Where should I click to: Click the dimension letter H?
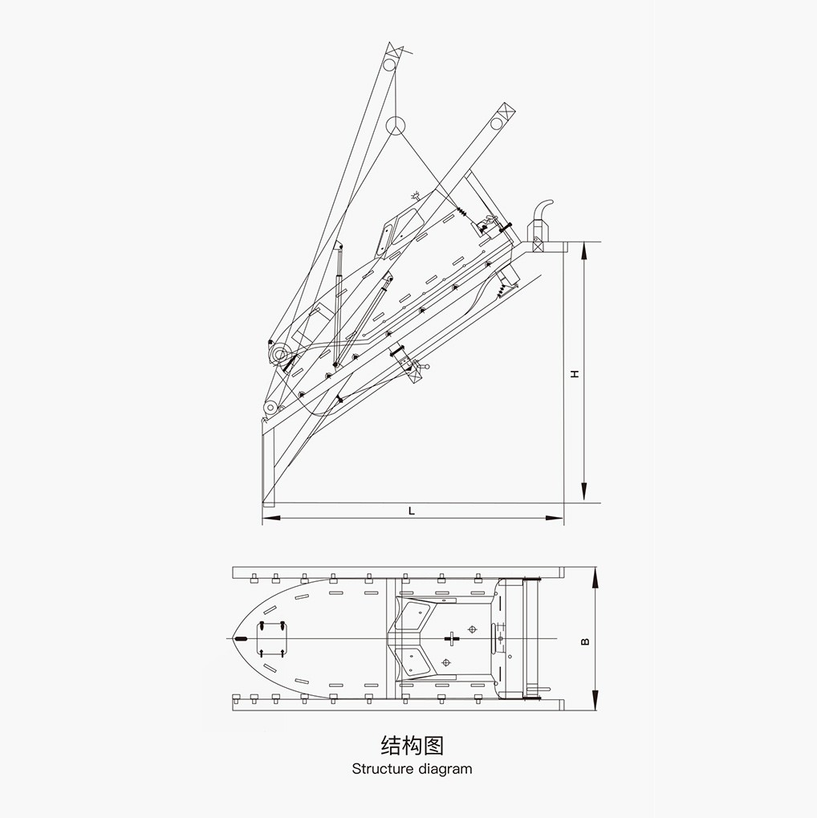[575, 374]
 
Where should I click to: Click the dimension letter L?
[412, 511]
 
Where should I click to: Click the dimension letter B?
[585, 641]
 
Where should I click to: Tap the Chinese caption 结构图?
[413, 746]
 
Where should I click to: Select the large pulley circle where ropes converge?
[396, 126]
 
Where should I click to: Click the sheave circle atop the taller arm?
[389, 65]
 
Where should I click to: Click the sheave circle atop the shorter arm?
[497, 124]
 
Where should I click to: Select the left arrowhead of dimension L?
[271, 518]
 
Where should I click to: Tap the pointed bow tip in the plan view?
[233, 638]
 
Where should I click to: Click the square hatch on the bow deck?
[271, 638]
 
